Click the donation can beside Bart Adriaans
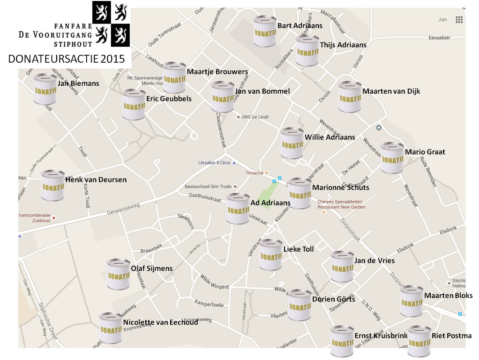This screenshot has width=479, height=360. [265, 31]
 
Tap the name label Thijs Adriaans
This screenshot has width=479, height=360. [343, 45]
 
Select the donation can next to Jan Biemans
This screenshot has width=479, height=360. [45, 89]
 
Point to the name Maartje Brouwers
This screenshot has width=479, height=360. [217, 72]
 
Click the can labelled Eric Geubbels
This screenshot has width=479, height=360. [134, 104]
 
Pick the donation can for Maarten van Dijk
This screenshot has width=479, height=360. [350, 97]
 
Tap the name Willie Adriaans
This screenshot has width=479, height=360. [330, 137]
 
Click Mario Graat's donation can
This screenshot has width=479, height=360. [392, 158]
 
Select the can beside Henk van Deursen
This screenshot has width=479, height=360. [53, 185]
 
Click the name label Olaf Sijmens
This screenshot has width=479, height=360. [152, 269]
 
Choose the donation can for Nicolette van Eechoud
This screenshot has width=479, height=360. [111, 328]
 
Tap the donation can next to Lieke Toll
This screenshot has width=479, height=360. [271, 255]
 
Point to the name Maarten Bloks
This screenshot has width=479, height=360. [448, 296]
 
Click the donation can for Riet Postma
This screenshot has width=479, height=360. [419, 341]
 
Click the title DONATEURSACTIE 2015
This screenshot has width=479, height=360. [67, 59]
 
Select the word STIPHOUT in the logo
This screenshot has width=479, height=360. [73, 44]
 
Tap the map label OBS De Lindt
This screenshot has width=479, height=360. [255, 117]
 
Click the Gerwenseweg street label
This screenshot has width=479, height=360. [123, 209]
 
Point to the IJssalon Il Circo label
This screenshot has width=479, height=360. [215, 163]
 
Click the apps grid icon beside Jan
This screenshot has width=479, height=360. [459, 20]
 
